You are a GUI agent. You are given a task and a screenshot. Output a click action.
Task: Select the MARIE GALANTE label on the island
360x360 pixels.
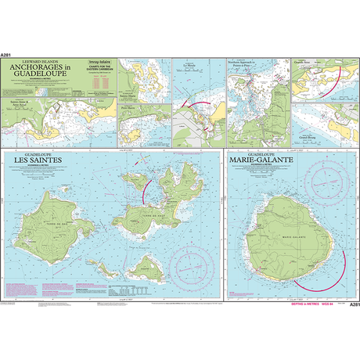coord(292,232)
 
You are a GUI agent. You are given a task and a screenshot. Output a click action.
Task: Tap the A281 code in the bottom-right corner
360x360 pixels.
coord(353,304)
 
